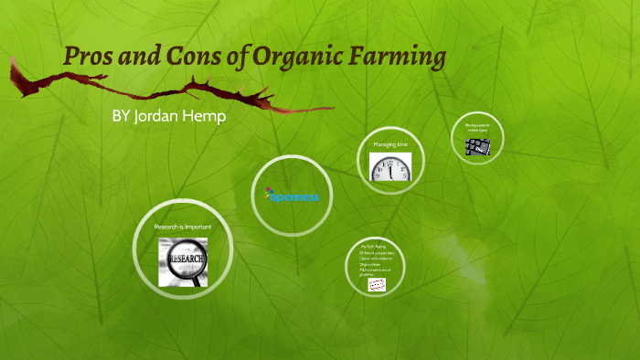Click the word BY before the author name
click(121, 118)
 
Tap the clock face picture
click(391, 167)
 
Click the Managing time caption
click(391, 144)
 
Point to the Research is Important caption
click(182, 225)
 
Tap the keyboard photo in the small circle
click(477, 145)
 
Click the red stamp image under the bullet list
click(374, 285)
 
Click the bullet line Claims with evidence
click(377, 259)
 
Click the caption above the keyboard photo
click(477, 128)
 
